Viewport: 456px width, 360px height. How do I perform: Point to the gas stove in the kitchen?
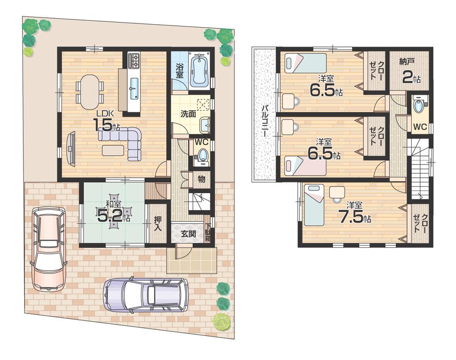(x=134, y=61)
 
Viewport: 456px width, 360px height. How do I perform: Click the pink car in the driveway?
(x=48, y=248)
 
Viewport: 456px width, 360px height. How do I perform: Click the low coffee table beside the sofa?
(x=113, y=150)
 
